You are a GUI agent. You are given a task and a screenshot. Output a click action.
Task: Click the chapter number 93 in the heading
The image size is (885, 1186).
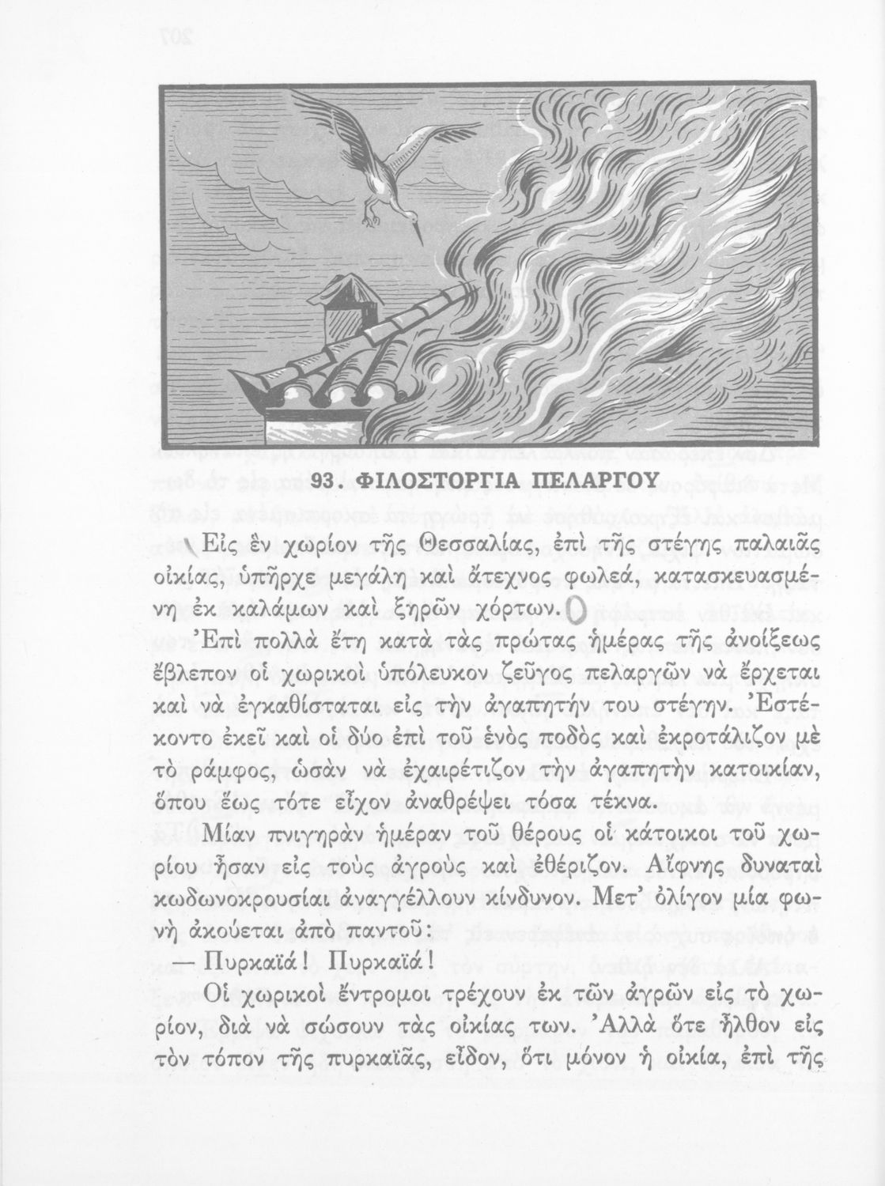click(x=327, y=480)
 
